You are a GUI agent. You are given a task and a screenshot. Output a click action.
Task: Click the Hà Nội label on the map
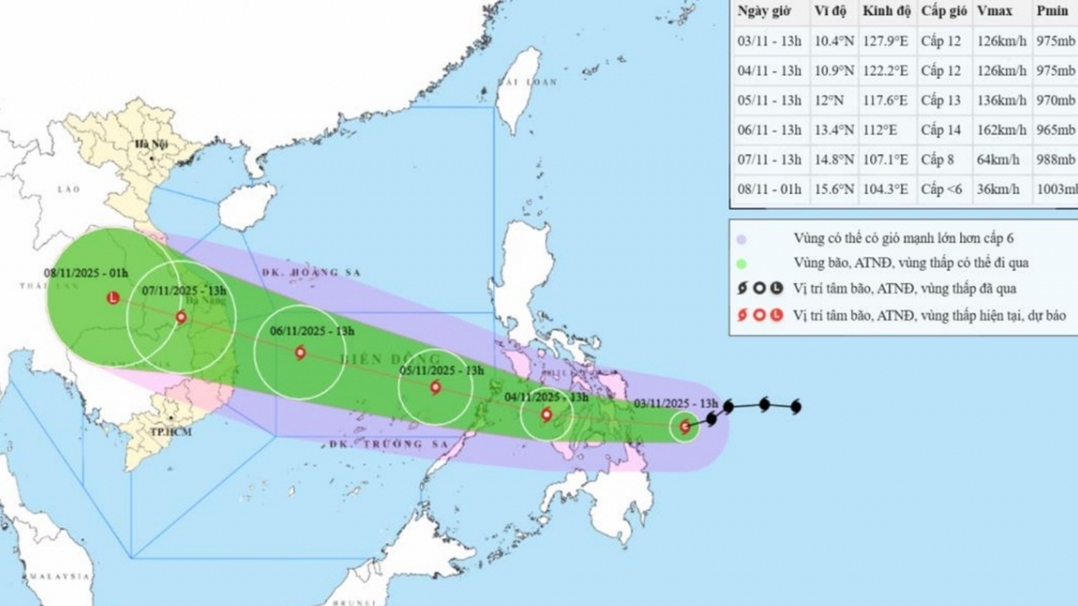(151, 144)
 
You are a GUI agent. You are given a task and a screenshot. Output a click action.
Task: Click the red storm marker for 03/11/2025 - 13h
(684, 427)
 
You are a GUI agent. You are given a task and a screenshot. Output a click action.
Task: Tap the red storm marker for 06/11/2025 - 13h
(299, 353)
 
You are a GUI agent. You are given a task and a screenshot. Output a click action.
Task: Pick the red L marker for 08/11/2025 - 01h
(114, 298)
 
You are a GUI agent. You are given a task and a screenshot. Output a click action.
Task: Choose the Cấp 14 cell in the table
(942, 130)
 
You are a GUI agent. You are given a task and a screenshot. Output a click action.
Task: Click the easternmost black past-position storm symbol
(796, 407)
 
